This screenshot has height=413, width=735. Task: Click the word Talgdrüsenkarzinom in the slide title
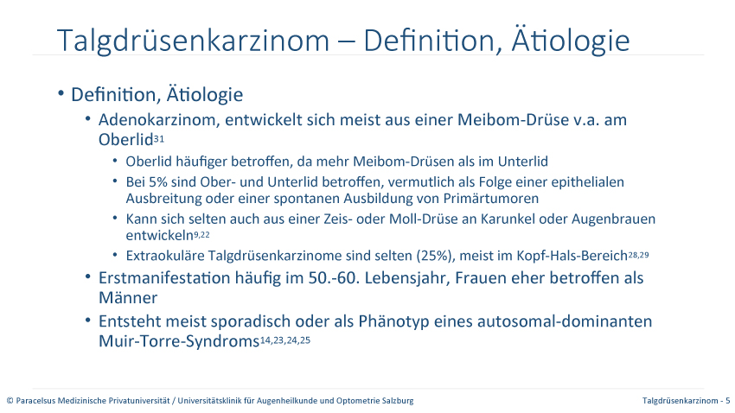point(193,41)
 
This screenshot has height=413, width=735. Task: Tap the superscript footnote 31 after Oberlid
point(159,138)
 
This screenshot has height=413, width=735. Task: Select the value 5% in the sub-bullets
point(157,181)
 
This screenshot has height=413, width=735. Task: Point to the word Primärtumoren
point(491,199)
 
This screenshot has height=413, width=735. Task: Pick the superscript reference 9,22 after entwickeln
point(201,234)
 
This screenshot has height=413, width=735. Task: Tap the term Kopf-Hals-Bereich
point(572,256)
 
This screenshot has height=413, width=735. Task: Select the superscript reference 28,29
point(638,255)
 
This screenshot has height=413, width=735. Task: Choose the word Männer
point(128,297)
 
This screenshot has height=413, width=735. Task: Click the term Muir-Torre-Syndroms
point(179,341)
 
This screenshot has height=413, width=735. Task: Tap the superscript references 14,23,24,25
point(285,340)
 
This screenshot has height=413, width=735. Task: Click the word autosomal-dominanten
point(565,321)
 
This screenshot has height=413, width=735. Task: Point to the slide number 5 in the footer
point(728,401)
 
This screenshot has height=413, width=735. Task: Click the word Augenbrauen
point(614,219)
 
